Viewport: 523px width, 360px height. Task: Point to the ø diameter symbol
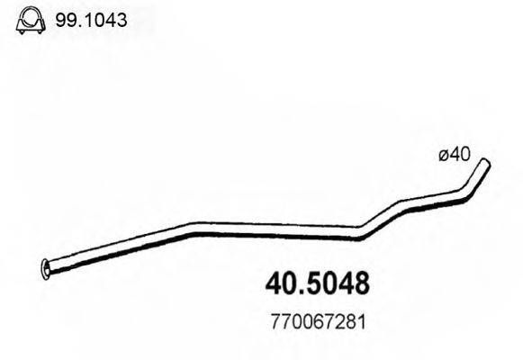click(444, 155)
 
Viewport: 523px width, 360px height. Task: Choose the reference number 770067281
click(315, 320)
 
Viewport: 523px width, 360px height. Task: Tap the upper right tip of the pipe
click(486, 164)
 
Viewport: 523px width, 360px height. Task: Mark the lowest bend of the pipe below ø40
click(360, 237)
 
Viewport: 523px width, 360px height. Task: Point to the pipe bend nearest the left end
click(192, 228)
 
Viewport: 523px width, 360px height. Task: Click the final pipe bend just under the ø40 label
click(465, 191)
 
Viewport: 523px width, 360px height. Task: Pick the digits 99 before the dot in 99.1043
click(65, 20)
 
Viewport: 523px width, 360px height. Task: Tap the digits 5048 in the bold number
click(337, 285)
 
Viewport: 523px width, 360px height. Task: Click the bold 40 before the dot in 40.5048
click(279, 285)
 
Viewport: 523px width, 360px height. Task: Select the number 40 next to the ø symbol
click(460, 155)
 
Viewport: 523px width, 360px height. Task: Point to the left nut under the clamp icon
click(21, 31)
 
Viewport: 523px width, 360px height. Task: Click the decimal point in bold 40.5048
click(300, 293)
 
